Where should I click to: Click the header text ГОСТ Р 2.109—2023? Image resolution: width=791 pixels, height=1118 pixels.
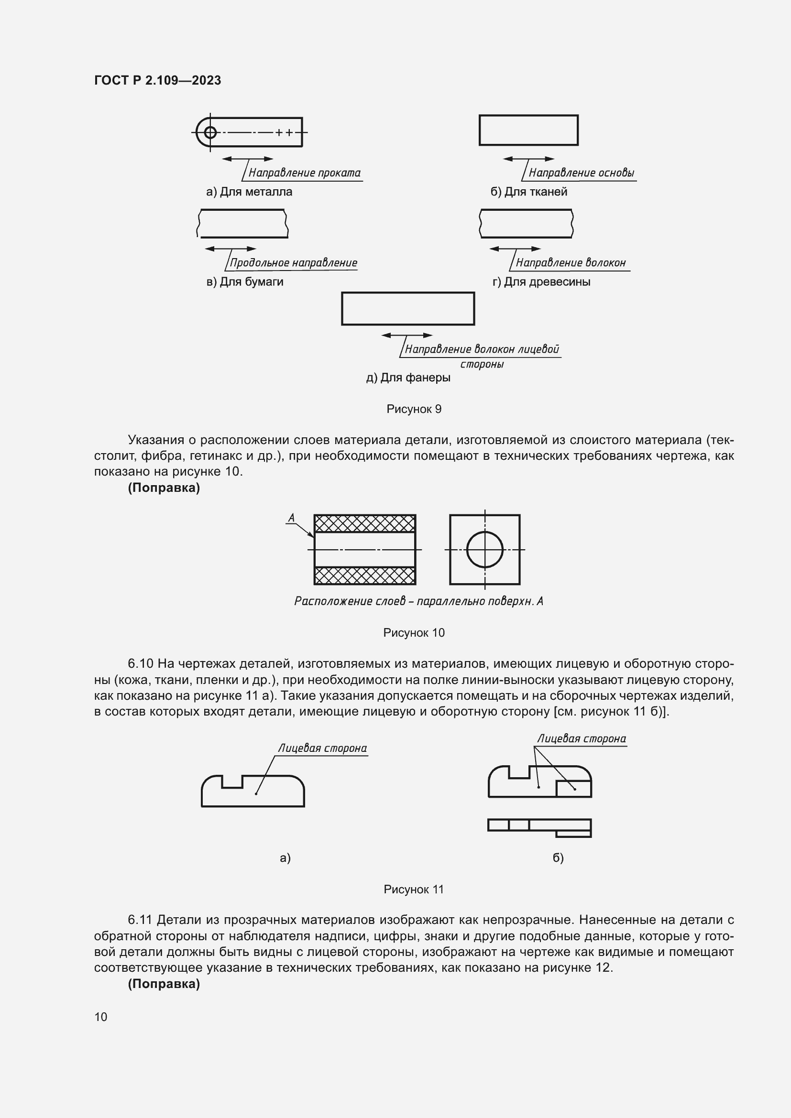[x=157, y=80]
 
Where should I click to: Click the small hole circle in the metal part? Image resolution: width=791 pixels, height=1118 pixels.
[x=210, y=132]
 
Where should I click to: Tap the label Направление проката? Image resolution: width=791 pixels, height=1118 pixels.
[x=305, y=173]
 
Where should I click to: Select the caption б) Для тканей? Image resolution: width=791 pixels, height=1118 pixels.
[x=528, y=192]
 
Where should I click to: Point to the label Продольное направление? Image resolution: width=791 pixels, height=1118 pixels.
[x=293, y=263]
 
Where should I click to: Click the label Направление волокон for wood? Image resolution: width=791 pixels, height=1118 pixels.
[x=571, y=263]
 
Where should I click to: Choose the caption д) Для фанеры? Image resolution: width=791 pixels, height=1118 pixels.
[x=407, y=378]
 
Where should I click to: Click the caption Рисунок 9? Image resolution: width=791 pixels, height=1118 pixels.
[x=414, y=409]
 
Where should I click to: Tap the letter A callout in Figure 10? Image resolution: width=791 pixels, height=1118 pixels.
[x=291, y=518]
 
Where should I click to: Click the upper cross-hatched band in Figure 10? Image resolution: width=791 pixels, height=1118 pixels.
[x=364, y=524]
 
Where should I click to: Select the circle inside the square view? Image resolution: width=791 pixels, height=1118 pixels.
[x=484, y=549]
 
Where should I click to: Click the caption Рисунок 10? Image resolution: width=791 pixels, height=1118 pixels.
[x=414, y=632]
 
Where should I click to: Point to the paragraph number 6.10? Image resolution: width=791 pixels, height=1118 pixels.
[x=141, y=663]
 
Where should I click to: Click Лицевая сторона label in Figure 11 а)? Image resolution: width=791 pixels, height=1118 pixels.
[x=322, y=748]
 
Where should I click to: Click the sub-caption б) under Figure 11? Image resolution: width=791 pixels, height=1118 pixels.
[x=558, y=857]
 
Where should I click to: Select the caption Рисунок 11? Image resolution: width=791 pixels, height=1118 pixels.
[x=414, y=889]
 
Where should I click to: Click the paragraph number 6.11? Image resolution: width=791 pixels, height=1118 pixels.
[x=140, y=920]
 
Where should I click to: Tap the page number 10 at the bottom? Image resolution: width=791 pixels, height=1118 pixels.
[x=101, y=1017]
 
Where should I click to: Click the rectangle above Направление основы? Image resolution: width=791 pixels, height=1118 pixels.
[x=528, y=130]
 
